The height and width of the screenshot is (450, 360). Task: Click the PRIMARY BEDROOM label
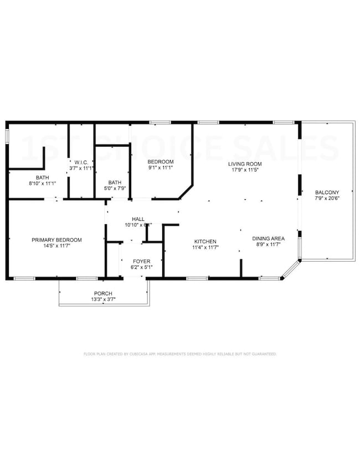tap(56, 240)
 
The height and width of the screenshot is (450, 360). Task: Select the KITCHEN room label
tap(205, 241)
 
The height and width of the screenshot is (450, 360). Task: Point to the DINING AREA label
tap(269, 239)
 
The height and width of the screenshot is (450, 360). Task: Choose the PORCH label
tap(103, 293)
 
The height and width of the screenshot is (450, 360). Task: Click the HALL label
tap(138, 219)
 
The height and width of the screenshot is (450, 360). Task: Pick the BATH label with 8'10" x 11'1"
tap(39, 177)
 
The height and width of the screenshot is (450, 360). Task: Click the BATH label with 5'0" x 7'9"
tap(115, 182)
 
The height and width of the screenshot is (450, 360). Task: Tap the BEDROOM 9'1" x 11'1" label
tap(160, 162)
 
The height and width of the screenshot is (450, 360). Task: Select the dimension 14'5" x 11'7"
tap(56, 246)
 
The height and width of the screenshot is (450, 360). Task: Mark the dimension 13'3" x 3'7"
tap(103, 299)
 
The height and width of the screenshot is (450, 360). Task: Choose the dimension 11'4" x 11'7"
tap(205, 247)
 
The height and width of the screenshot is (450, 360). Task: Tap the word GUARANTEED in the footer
tap(264, 353)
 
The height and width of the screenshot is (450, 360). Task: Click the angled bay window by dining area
tap(290, 270)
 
